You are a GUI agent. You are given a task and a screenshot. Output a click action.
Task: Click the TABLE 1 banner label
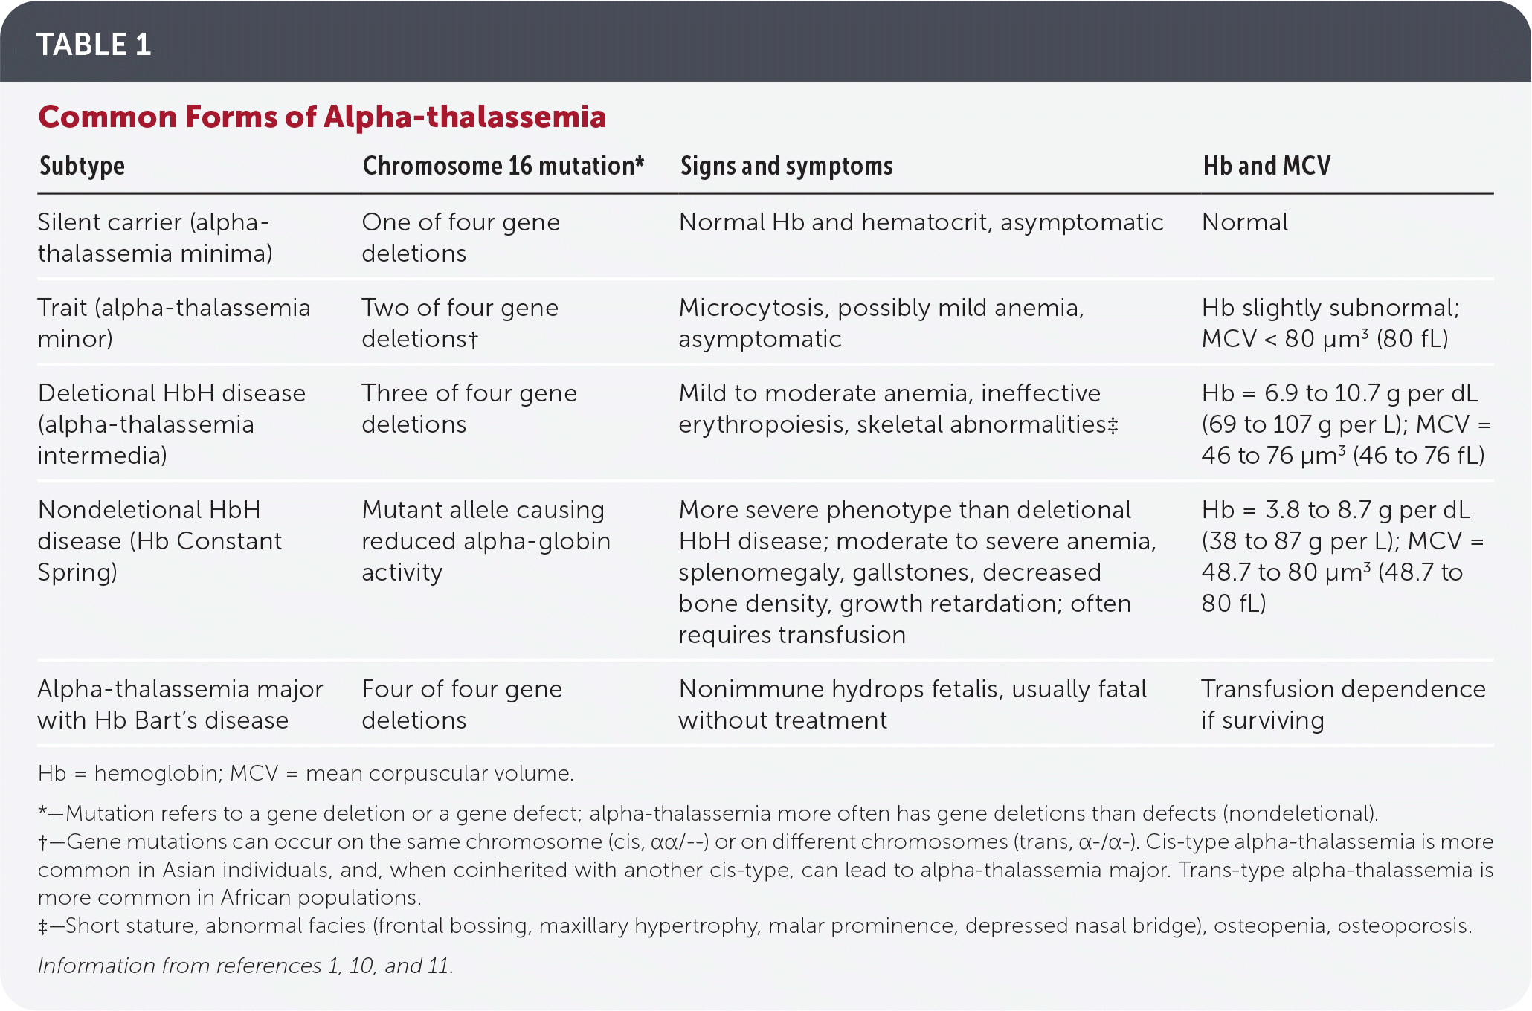point(94,45)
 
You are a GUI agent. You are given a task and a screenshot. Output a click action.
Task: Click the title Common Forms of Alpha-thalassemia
point(322,117)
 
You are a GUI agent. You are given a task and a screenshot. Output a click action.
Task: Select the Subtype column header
point(82,166)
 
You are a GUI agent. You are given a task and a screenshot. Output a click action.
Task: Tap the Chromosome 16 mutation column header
point(503,166)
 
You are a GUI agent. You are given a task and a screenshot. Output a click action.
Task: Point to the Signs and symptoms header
point(786,166)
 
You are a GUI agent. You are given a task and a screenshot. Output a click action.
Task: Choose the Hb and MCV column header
point(1267,166)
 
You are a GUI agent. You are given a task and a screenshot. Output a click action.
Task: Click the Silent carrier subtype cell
point(155,237)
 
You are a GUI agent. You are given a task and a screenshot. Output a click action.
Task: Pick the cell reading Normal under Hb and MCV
point(1245,222)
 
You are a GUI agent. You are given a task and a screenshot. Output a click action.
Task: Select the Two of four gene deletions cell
point(460,323)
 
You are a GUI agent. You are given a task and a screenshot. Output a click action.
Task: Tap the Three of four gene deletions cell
point(469,408)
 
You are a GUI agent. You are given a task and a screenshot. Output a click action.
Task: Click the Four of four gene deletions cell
point(461,704)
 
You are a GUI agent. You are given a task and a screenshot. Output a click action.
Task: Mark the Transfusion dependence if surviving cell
point(1343,704)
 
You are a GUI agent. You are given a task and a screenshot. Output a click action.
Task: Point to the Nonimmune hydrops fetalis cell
point(912,704)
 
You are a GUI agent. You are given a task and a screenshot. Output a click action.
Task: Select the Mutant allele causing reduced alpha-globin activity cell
point(485,540)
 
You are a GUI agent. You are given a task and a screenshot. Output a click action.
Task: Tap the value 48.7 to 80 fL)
point(1331,587)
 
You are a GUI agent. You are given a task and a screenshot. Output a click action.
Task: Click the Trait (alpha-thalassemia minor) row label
point(173,323)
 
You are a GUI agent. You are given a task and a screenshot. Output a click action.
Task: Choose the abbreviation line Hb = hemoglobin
point(305,773)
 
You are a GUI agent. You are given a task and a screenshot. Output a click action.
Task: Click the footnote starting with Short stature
point(754,926)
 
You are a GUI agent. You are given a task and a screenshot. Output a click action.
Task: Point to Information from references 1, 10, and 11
point(245,966)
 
